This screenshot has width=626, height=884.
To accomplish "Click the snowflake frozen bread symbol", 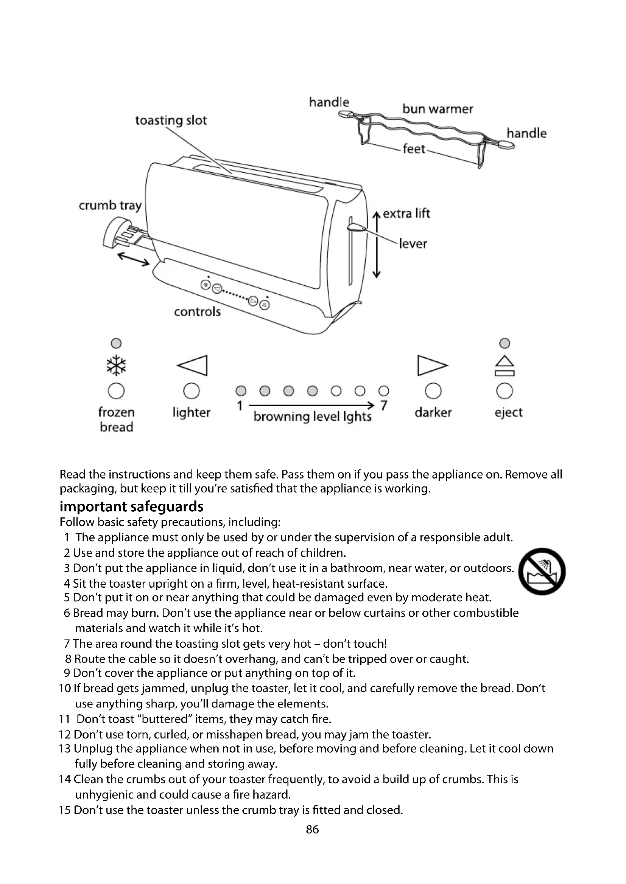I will (x=116, y=365).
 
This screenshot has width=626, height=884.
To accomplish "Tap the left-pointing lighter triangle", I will (x=193, y=365).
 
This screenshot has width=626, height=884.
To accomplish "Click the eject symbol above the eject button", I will (x=505, y=366).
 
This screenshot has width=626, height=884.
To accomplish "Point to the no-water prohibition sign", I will (x=542, y=571).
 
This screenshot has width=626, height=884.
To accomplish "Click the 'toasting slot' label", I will (x=171, y=121).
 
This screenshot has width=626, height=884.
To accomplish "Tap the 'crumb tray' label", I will (x=110, y=206).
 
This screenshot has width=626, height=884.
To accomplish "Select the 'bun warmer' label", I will (x=438, y=109).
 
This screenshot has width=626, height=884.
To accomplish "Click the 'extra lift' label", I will (x=406, y=213).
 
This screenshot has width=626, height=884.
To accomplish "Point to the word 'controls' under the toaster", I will (x=197, y=311).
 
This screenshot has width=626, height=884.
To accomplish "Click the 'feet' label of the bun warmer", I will (x=414, y=149).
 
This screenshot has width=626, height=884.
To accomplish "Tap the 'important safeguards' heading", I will (x=131, y=506).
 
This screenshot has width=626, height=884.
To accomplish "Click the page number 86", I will (x=312, y=829).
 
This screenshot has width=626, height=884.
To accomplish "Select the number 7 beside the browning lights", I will (x=383, y=406).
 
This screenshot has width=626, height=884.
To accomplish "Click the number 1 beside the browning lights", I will (x=240, y=406).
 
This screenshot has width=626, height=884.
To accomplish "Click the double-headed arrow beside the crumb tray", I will (x=133, y=259).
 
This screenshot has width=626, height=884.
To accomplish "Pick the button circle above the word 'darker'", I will (x=433, y=391).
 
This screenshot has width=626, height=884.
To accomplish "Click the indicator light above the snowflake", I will (x=116, y=343).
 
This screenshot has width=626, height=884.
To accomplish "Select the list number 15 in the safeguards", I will (x=65, y=810).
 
